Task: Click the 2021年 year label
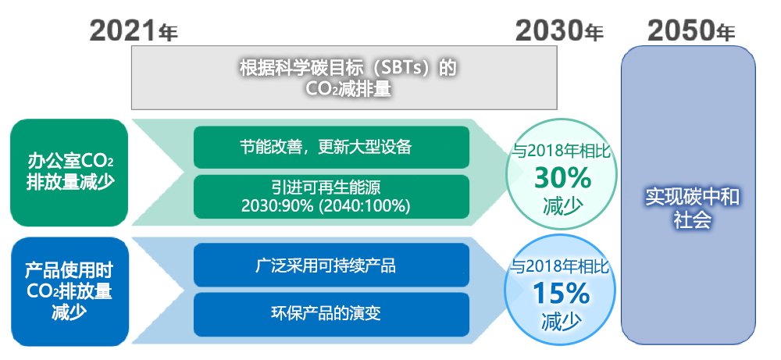(134, 31)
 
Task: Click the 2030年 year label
(559, 31)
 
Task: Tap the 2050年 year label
(691, 31)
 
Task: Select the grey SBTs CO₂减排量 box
(344, 77)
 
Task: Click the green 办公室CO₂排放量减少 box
(70, 173)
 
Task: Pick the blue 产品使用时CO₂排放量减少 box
(70, 291)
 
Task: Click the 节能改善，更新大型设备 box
(331, 148)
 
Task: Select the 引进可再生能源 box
(331, 197)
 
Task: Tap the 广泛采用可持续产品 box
(331, 265)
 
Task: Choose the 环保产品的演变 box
(331, 314)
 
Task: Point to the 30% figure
(562, 178)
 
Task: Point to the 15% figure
(562, 294)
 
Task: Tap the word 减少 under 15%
(562, 322)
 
